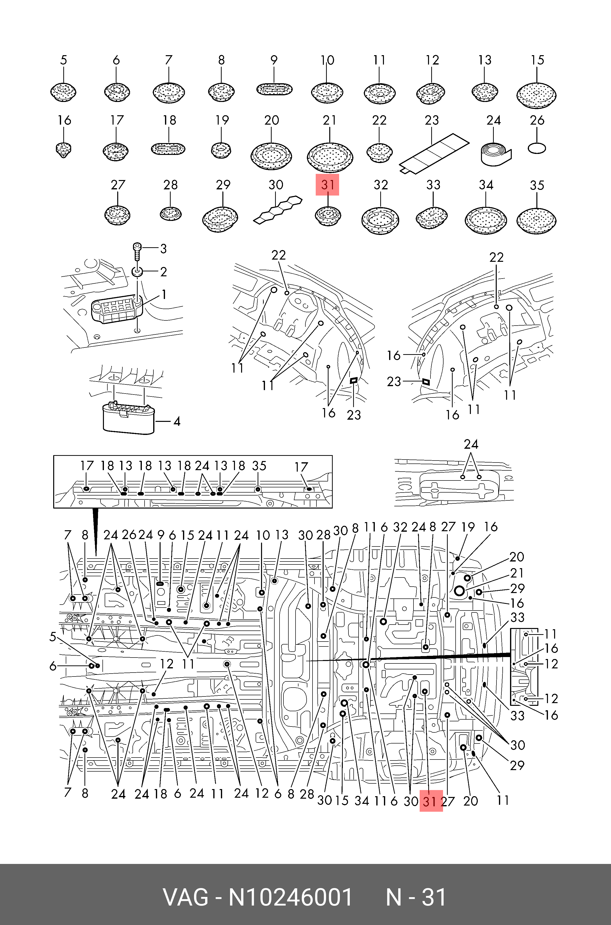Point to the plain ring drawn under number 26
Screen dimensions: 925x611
click(537, 148)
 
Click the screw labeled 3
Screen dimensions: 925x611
click(137, 251)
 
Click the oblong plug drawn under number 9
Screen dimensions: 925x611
click(274, 89)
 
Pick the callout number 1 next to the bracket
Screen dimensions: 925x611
click(164, 295)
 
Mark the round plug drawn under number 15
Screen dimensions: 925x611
click(536, 95)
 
